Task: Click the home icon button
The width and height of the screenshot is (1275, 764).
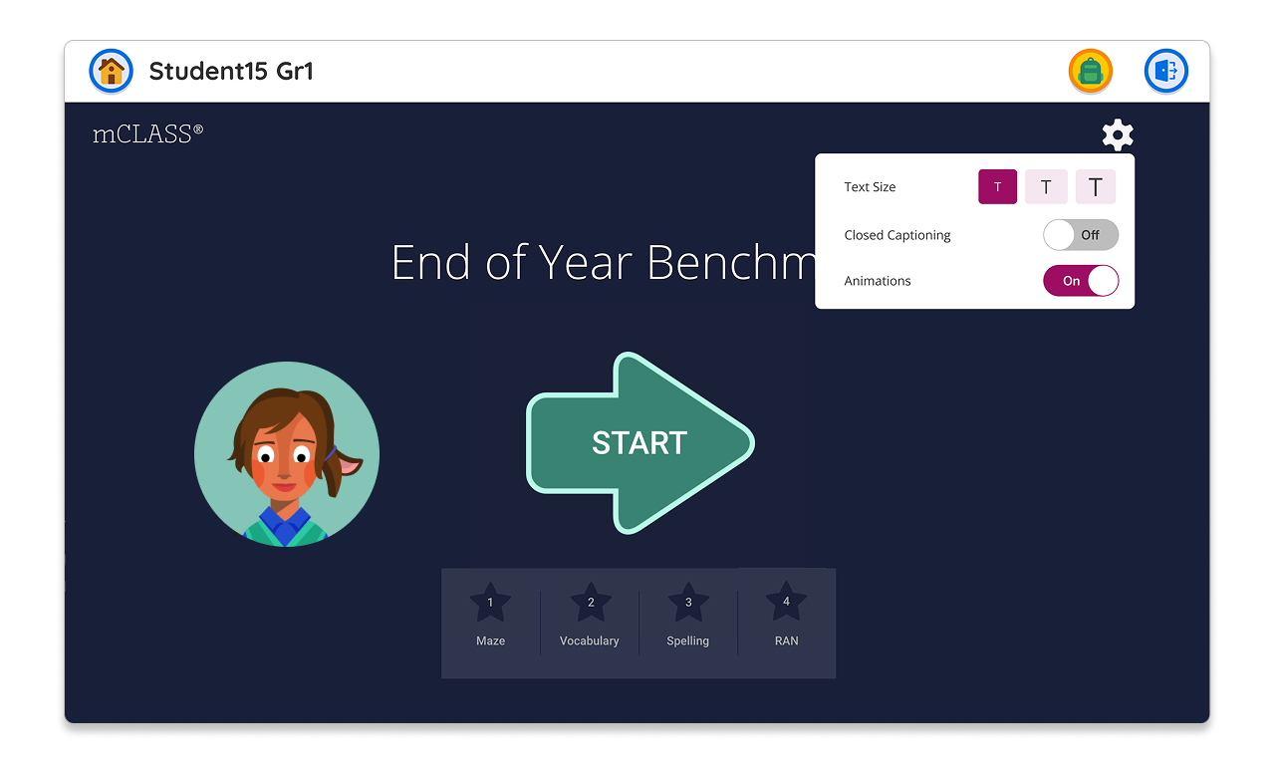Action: pos(111,71)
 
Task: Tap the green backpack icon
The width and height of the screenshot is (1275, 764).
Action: pos(1090,71)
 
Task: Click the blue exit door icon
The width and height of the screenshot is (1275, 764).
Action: pos(1165,71)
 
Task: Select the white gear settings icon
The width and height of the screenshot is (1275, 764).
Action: pos(1118,134)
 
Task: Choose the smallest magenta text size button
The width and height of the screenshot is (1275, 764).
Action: pos(997,186)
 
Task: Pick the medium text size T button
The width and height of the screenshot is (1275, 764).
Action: pos(1046,186)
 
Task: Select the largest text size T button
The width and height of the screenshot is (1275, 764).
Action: pos(1095,186)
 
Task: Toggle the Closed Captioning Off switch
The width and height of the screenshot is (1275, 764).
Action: pos(1081,234)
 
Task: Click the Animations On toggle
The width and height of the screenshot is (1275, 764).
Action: pos(1081,281)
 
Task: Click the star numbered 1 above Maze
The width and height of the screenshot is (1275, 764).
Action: pos(490,603)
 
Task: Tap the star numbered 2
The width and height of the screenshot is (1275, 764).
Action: pos(591,603)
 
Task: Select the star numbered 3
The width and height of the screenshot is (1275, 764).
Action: pos(688,603)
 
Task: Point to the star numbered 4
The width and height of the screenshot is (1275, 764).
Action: pos(786,602)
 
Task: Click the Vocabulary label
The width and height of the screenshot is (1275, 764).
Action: pos(589,640)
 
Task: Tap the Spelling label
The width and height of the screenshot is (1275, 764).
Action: pos(687,641)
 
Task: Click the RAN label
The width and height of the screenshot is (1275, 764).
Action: pos(786,640)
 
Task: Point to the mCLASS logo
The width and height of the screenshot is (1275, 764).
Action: pos(147,134)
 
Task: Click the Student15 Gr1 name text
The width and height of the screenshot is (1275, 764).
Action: pos(231,71)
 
